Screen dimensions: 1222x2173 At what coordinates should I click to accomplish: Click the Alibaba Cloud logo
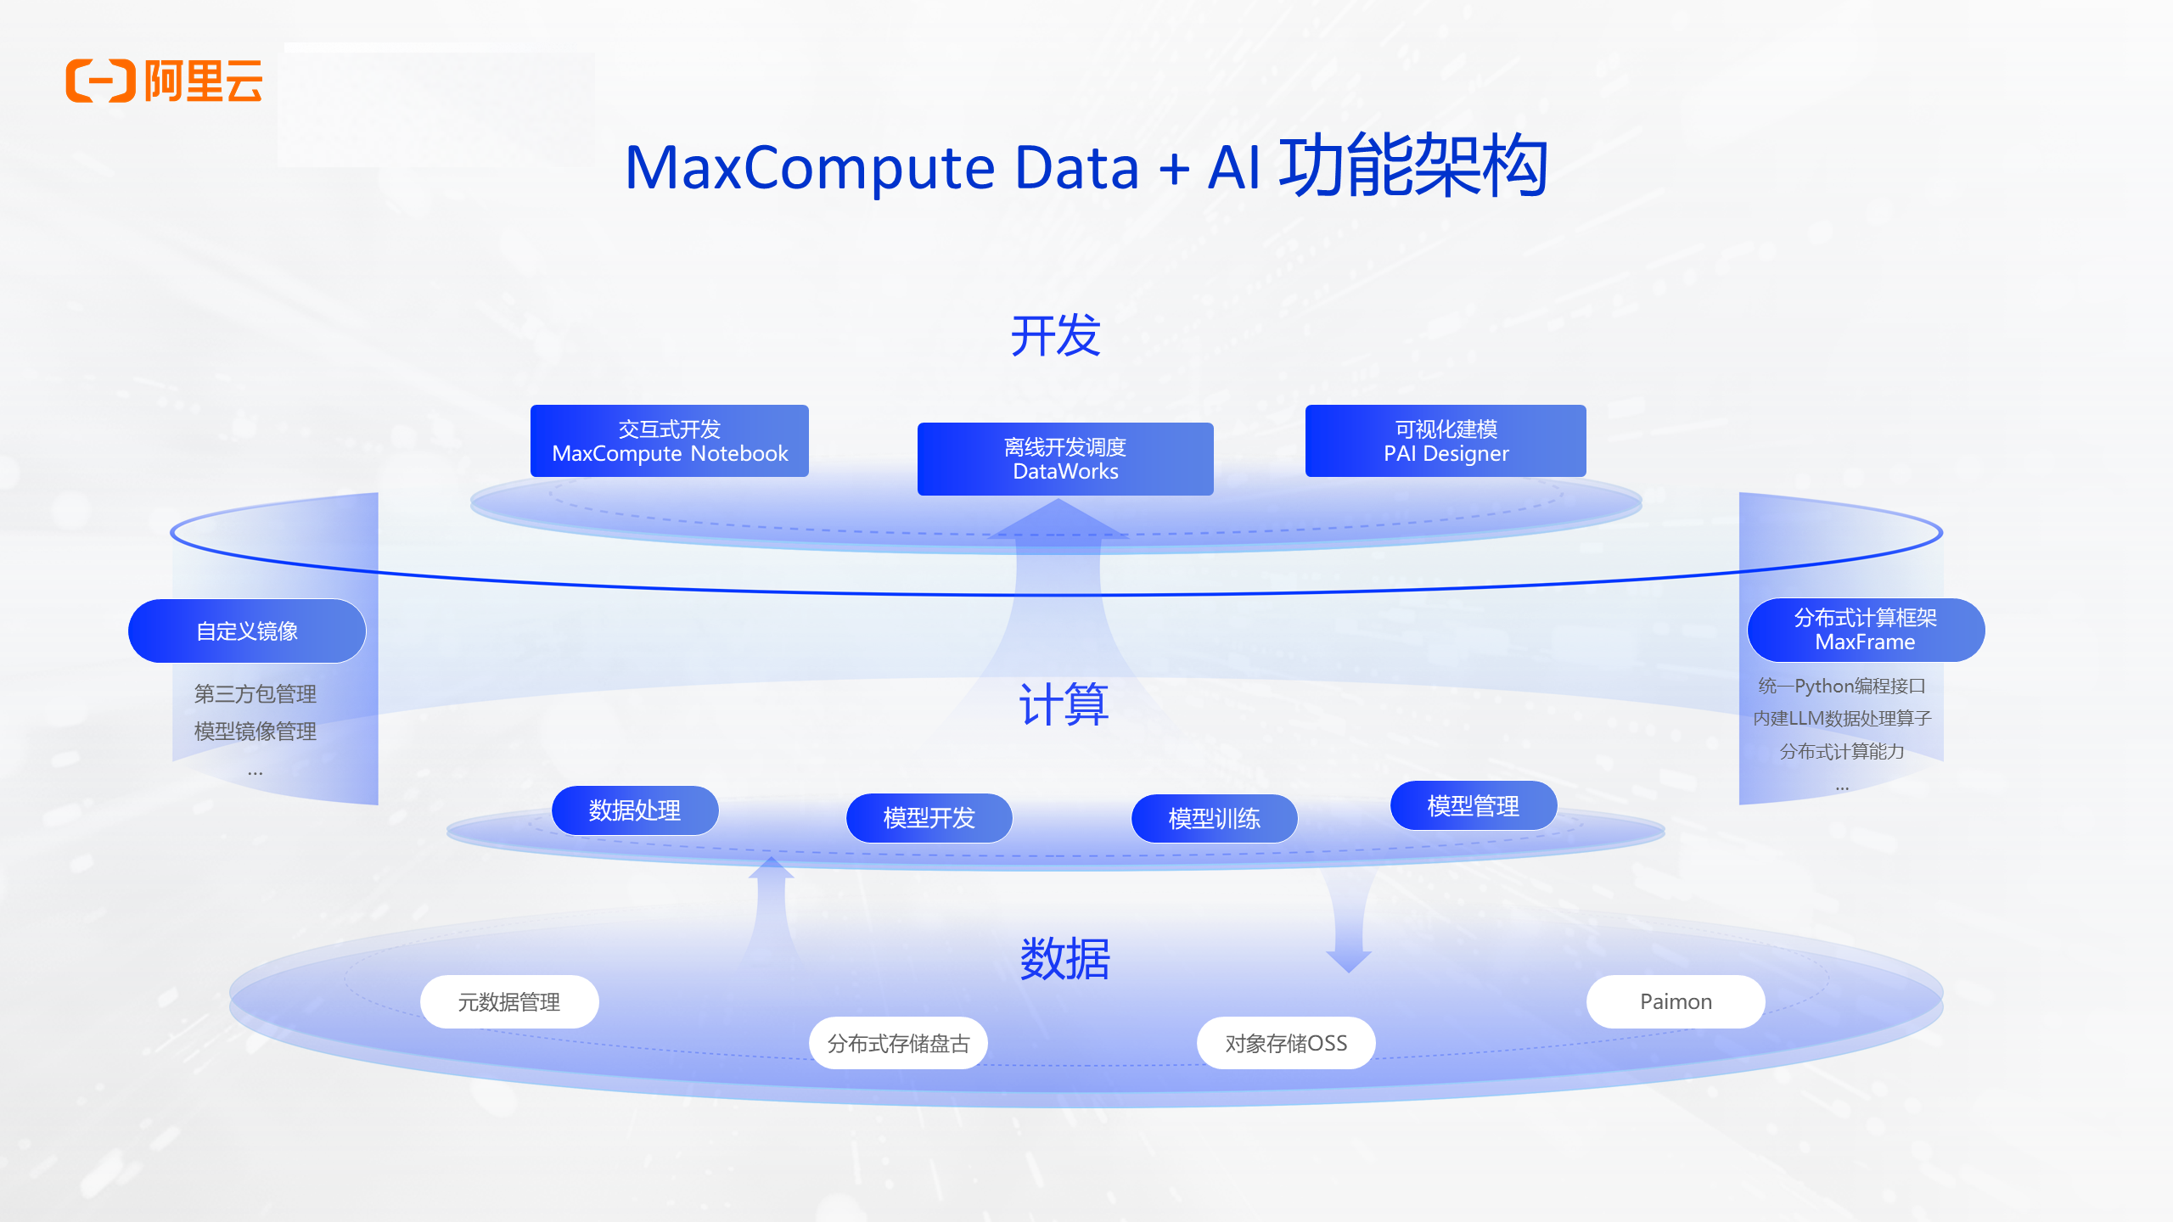[x=164, y=81]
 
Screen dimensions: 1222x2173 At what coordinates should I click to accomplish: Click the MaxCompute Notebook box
[x=670, y=441]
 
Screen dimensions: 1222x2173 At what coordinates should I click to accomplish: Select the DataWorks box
[x=1065, y=459]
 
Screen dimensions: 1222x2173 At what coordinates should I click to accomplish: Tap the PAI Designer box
[x=1446, y=441]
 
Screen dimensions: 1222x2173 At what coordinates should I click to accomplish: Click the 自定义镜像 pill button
[x=247, y=631]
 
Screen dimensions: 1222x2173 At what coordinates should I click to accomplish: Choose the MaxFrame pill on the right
[x=1866, y=630]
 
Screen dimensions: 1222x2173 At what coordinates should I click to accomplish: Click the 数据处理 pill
[x=635, y=810]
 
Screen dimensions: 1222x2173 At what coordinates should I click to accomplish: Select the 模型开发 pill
[x=929, y=818]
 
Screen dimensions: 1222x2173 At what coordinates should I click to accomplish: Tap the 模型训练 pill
[x=1215, y=819]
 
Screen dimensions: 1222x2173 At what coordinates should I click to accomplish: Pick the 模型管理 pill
[x=1474, y=806]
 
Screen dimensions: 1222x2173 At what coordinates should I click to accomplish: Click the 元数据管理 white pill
[x=509, y=1002]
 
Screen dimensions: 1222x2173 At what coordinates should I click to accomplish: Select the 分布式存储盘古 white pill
[x=898, y=1043]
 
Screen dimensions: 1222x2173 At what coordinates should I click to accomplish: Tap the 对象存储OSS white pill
[x=1286, y=1043]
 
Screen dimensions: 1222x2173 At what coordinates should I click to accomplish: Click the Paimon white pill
[x=1676, y=1002]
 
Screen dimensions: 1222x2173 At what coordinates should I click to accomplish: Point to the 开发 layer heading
[x=1055, y=335]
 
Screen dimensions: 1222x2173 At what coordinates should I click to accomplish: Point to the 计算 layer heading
[x=1064, y=704]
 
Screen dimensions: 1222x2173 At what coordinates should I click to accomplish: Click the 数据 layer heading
[x=1064, y=959]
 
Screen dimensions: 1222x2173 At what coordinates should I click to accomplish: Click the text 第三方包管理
[x=255, y=694]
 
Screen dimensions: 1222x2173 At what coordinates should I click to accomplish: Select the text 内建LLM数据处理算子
[x=1842, y=719]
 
